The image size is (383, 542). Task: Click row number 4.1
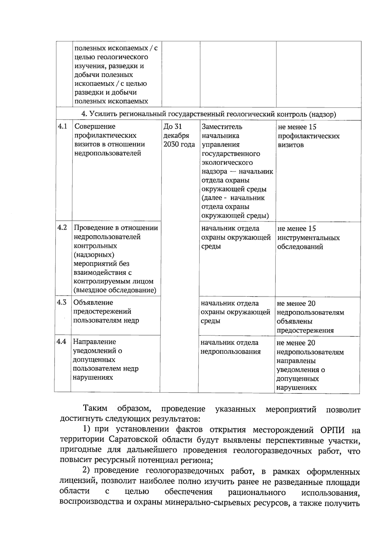[62, 126]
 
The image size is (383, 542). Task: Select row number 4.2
[62, 228]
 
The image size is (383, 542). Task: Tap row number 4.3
[62, 302]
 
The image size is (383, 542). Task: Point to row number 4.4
[61, 342]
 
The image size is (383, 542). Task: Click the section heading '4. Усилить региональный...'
[209, 114]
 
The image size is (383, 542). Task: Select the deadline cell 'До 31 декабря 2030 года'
[179, 136]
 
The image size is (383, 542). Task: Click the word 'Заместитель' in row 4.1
[222, 127]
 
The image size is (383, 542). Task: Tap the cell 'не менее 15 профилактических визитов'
[308, 136]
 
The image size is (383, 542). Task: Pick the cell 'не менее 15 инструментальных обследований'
[308, 238]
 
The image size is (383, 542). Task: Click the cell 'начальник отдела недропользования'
[230, 347]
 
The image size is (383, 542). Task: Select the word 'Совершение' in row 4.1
[95, 126]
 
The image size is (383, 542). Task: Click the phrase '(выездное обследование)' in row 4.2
[115, 290]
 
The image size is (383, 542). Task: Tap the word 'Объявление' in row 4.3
[93, 302]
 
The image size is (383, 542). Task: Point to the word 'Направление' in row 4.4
[94, 342]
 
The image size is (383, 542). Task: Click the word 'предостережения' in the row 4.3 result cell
[305, 331]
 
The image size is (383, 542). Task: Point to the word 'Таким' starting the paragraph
[95, 409]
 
